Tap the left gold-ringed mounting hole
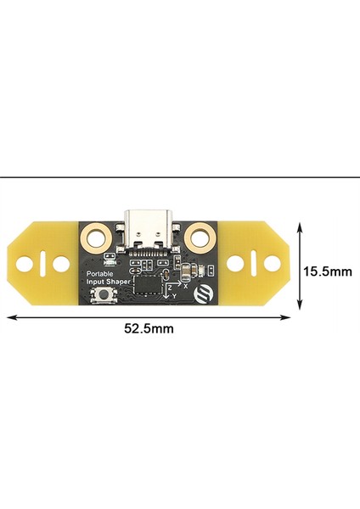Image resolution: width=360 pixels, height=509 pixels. tap(96, 232)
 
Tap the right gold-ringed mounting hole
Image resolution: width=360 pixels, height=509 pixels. tap(201, 233)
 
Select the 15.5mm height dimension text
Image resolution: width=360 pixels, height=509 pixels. tap(327, 272)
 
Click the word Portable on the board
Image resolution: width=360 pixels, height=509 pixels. tap(101, 274)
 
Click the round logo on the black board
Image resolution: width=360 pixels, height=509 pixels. tap(205, 294)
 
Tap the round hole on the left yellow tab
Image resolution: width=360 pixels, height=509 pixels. tap(61, 264)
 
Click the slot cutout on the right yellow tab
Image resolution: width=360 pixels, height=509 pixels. tap(256, 263)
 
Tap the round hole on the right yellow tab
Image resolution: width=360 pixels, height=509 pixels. tap(273, 263)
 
